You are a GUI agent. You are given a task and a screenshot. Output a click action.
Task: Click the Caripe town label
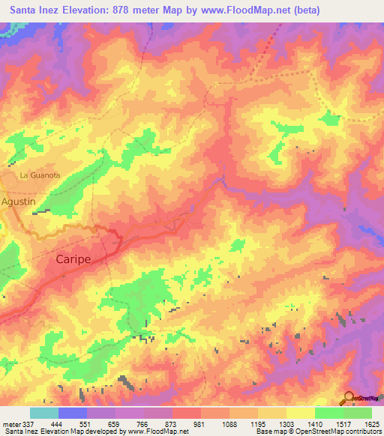click(73, 258)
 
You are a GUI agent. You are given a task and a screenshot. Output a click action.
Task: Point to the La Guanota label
click(39, 175)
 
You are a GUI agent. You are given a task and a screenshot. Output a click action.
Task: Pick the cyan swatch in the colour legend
click(44, 413)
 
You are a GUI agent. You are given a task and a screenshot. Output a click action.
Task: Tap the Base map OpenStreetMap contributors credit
click(318, 432)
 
